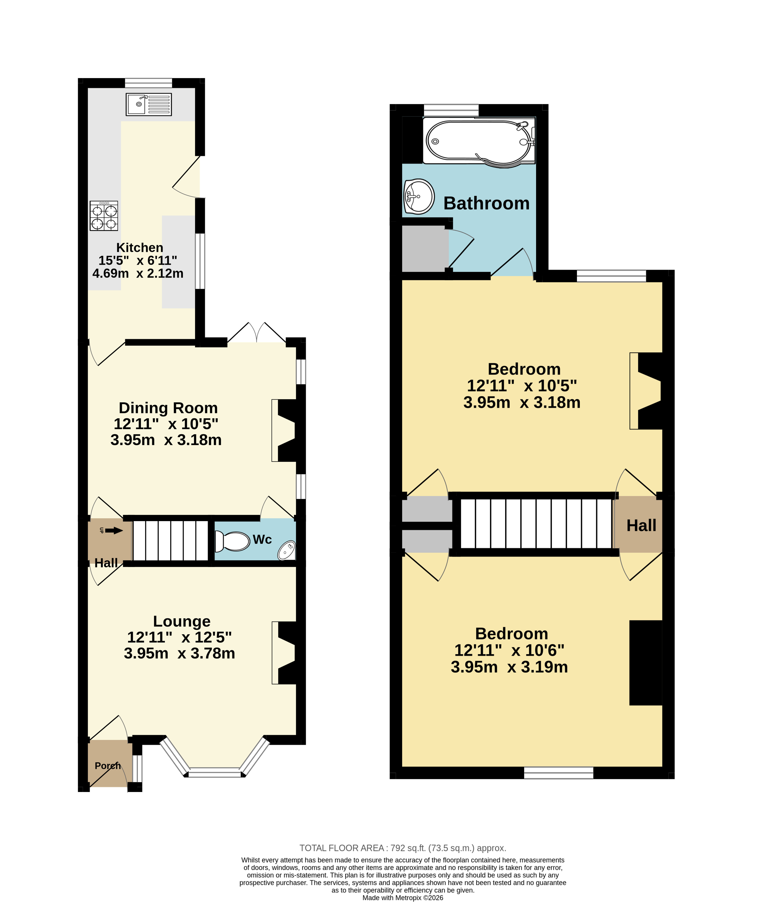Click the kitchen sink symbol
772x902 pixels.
click(x=148, y=104)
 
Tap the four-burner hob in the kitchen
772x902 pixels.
click(x=104, y=215)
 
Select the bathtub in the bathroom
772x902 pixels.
click(x=479, y=141)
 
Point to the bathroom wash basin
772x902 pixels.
click(x=418, y=196)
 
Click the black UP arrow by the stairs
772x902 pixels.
click(x=114, y=530)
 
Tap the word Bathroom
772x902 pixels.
click(x=486, y=203)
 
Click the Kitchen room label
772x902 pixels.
click(x=140, y=248)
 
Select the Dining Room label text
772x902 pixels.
click(x=168, y=408)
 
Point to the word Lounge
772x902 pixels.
click(x=182, y=621)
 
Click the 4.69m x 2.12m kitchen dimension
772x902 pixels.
click(x=138, y=273)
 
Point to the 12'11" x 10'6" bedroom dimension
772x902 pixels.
click(x=509, y=650)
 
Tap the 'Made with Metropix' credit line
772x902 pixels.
click(x=403, y=898)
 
